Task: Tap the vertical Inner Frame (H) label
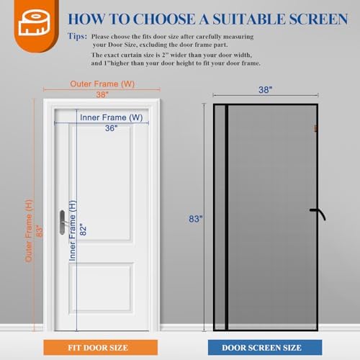pos(73,230)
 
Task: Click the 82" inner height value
pos(84,230)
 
